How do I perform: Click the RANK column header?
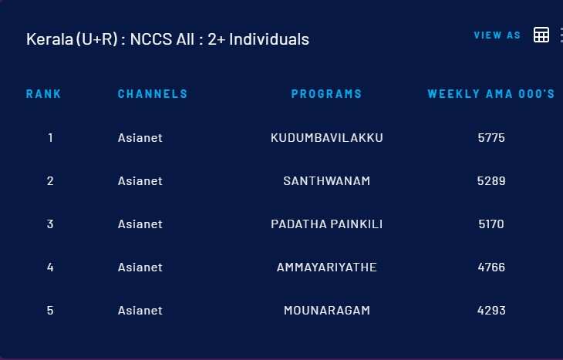pos(43,94)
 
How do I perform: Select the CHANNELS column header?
pos(153,94)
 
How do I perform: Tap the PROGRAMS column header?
pos(326,94)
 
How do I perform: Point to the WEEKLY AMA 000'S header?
pos(491,94)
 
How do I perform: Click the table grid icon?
pos(541,35)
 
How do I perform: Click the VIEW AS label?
pos(497,35)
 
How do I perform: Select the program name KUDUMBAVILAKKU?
pos(327,138)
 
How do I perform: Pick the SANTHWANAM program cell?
pos(327,181)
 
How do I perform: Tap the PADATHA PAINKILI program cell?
pos(327,224)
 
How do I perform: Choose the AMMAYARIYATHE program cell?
pos(327,267)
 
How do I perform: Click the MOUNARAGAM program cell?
pos(327,311)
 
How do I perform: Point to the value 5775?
pos(491,138)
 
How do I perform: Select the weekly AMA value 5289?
pos(491,181)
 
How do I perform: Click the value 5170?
pos(491,224)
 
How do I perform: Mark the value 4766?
pos(491,267)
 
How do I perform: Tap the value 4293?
pos(491,311)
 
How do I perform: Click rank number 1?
pos(50,138)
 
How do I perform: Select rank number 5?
pos(50,311)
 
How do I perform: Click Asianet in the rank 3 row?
pos(140,224)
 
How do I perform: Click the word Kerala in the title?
pos(49,39)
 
